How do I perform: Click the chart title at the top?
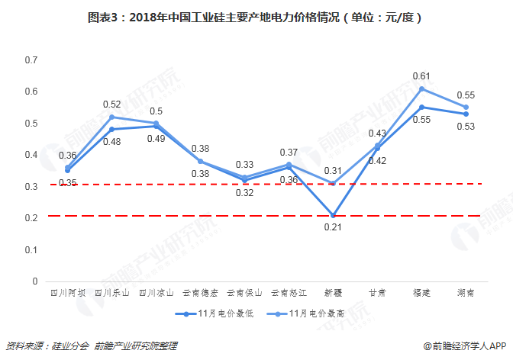pos(256,16)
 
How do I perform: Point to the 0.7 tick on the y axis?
pos(31,59)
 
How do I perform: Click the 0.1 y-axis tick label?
pos(31,249)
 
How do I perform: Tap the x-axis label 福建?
pos(421,292)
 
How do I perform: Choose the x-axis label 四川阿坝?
pos(67,292)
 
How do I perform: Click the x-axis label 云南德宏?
pos(200,292)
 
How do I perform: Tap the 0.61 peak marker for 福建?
pos(421,88)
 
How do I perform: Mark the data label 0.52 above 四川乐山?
pos(111,104)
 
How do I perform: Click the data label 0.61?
pos(421,76)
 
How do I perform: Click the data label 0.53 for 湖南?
pos(465,127)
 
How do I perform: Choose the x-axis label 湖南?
pos(466,292)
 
